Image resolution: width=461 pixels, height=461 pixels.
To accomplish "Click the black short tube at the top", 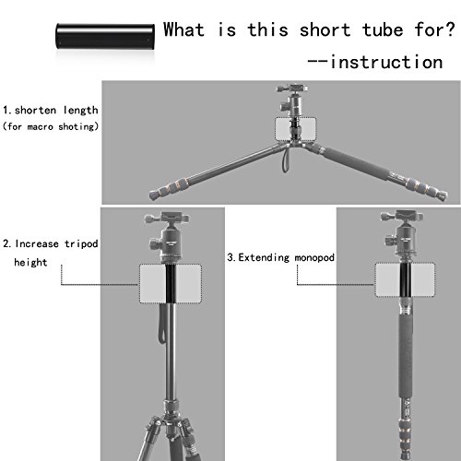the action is [105, 36].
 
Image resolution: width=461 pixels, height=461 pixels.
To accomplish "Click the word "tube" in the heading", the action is [383, 30].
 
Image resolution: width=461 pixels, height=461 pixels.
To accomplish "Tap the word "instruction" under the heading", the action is [386, 62].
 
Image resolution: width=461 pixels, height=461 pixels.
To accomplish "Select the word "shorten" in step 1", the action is [35, 110].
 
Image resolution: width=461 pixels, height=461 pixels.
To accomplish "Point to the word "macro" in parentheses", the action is [40, 126].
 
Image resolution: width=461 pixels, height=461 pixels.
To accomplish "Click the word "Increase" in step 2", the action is [37, 243].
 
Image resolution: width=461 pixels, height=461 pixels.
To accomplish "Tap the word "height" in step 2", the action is [30, 262].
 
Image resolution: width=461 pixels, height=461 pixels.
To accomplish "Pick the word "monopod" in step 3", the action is [314, 257].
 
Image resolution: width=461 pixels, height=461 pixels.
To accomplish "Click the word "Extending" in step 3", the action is [264, 257].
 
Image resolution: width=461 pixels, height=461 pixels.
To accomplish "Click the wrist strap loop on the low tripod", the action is [286, 160].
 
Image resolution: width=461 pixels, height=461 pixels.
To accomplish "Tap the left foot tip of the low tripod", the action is [153, 195].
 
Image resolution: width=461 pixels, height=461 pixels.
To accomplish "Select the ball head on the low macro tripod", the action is [292, 100].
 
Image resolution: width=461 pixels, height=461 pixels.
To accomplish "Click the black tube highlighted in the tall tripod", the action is [171, 283].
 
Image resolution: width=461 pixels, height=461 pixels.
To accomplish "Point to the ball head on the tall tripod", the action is [167, 237].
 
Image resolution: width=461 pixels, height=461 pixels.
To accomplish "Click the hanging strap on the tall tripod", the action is [161, 324].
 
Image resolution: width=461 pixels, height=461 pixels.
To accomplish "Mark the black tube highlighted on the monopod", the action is [406, 279].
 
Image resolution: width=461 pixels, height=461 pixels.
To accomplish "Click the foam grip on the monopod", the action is [407, 356].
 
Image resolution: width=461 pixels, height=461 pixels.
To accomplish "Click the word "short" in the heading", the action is [325, 30].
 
